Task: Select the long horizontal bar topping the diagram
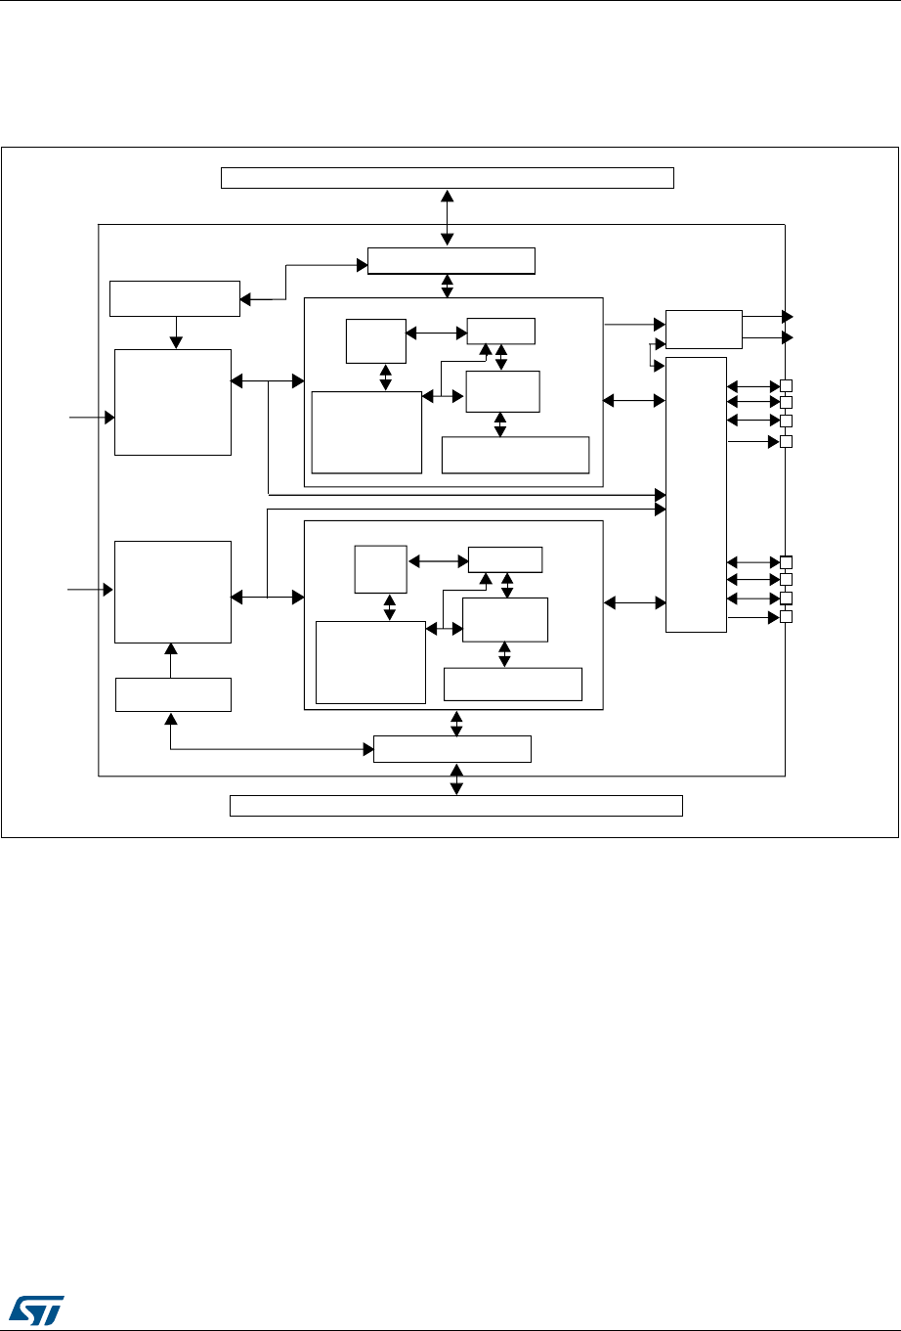[x=448, y=177]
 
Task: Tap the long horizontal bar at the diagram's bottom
[x=455, y=806]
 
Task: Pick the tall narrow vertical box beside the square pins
[x=696, y=495]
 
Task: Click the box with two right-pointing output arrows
[x=704, y=329]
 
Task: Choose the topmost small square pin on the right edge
[x=786, y=384]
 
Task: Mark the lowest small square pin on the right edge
[x=786, y=617]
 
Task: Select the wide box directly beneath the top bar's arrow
[x=451, y=261]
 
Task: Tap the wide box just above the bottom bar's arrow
[x=452, y=749]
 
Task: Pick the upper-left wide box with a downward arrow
[x=175, y=298]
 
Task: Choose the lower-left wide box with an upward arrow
[x=173, y=694]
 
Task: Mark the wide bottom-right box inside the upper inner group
[x=516, y=455]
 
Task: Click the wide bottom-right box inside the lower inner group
[x=513, y=684]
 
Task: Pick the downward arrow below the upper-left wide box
[x=176, y=333]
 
